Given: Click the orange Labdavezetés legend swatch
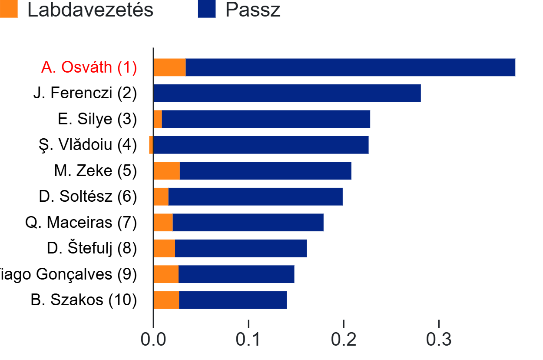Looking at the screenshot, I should pos(9,9).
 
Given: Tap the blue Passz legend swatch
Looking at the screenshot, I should pos(206,9).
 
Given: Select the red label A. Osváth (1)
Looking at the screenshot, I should pos(89,67).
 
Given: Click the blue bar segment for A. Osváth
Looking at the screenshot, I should pos(350,67).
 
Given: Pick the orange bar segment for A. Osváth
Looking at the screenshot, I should pos(170,67).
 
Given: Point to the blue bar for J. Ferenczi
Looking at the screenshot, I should pos(287,93).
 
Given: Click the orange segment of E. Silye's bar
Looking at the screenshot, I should pos(158,119).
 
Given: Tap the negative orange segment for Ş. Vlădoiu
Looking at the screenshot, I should pos(151,145).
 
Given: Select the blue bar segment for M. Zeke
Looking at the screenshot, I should pos(265,171).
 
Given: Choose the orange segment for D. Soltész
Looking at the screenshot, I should pos(161,197).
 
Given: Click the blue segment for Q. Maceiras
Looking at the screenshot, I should pos(248,223).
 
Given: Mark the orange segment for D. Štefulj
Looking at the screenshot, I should pos(165,248).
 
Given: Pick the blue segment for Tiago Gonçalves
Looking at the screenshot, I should pos(236,274).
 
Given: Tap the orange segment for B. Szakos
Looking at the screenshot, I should pos(166,300).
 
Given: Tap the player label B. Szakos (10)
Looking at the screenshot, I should pos(84,300).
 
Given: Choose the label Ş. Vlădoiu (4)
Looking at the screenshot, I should pos(88,145).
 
